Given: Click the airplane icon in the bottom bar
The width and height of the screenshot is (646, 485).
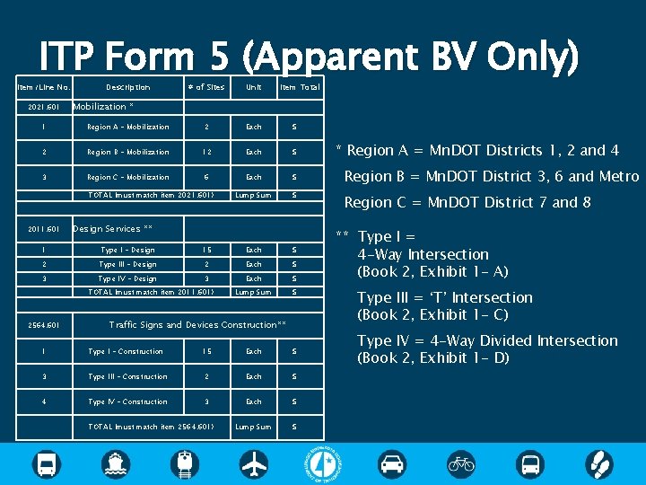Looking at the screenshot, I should click(x=255, y=464).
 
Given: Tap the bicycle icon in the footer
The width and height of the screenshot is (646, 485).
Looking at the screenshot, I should click(x=461, y=464).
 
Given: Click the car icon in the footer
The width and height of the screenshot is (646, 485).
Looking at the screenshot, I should click(x=391, y=464).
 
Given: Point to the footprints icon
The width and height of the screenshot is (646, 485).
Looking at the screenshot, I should click(x=598, y=464).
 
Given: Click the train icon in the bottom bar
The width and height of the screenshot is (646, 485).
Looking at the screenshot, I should click(x=186, y=464).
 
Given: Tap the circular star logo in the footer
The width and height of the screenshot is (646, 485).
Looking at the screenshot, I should click(x=323, y=463).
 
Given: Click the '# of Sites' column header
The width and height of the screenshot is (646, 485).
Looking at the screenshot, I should click(x=205, y=87).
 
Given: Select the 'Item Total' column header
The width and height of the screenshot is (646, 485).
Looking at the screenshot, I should click(x=300, y=87).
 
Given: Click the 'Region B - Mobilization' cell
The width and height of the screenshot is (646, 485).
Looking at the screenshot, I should click(x=127, y=152).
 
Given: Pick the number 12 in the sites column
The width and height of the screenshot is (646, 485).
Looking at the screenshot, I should click(x=205, y=152).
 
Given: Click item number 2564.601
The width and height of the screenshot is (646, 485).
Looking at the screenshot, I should click(x=43, y=325).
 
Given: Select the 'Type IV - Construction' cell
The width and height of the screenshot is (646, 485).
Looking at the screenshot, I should click(x=127, y=401).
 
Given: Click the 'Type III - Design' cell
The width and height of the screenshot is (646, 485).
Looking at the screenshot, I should click(x=127, y=264).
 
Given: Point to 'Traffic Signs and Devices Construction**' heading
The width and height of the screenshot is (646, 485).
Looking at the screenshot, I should click(x=197, y=325).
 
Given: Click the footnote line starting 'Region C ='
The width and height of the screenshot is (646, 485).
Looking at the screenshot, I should click(x=467, y=202).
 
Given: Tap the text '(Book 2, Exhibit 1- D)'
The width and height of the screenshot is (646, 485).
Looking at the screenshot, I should click(x=432, y=358).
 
